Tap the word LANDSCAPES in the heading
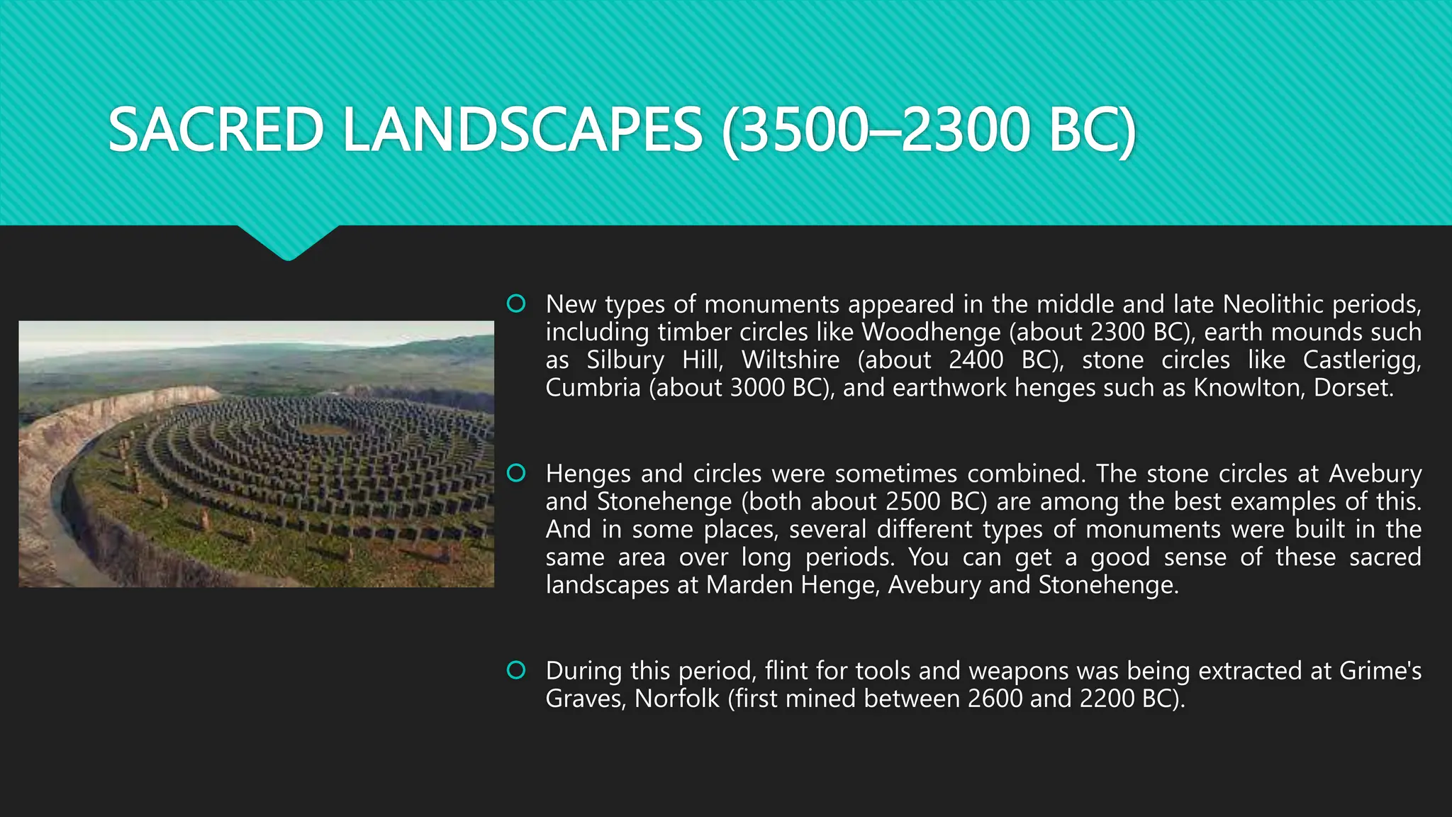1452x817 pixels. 523,130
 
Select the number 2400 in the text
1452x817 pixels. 976,360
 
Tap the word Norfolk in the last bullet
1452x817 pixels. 676,699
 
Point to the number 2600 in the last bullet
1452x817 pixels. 995,699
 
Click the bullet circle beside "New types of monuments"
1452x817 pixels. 516,304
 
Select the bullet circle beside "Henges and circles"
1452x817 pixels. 516,473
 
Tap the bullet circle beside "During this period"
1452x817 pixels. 516,670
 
